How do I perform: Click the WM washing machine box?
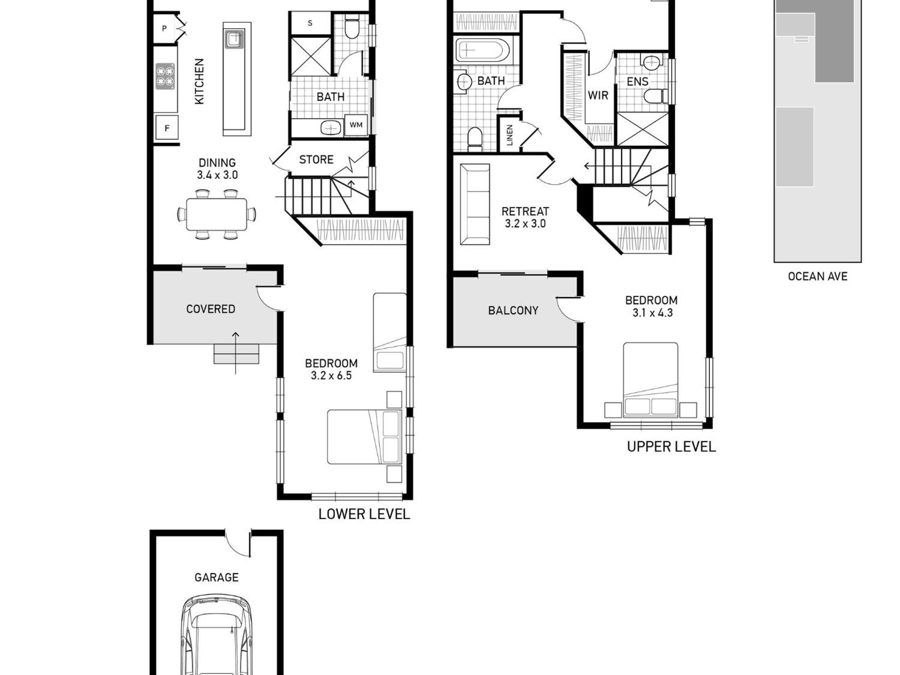[x=356, y=125]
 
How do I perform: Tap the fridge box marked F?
[x=167, y=128]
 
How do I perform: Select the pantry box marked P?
[x=165, y=29]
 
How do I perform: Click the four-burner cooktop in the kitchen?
[x=165, y=76]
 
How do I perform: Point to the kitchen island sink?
[x=234, y=39]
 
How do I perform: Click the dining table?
[x=217, y=214]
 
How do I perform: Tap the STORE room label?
[x=316, y=160]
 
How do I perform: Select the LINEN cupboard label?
[x=510, y=135]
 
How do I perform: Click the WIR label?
[x=598, y=95]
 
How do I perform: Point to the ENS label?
[x=637, y=82]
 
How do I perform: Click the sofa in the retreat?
[x=475, y=204]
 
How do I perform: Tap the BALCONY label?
[x=513, y=311]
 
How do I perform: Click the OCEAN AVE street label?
[x=817, y=276]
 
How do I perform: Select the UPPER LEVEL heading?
[x=671, y=447]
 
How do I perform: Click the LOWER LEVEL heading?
[x=364, y=514]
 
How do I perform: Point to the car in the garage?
[x=217, y=635]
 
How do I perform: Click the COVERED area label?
[x=210, y=309]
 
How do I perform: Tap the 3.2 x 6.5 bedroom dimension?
[x=331, y=376]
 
